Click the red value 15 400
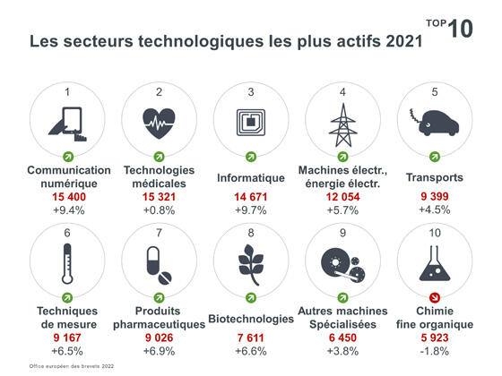click(69, 195)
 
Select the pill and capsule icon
click(160, 263)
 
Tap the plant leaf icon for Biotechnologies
click(251, 263)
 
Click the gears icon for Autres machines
click(342, 263)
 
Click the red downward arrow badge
click(435, 297)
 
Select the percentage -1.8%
click(435, 351)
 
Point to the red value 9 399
click(435, 195)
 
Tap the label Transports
click(435, 177)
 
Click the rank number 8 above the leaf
click(251, 233)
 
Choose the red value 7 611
click(251, 337)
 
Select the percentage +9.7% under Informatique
click(251, 209)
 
